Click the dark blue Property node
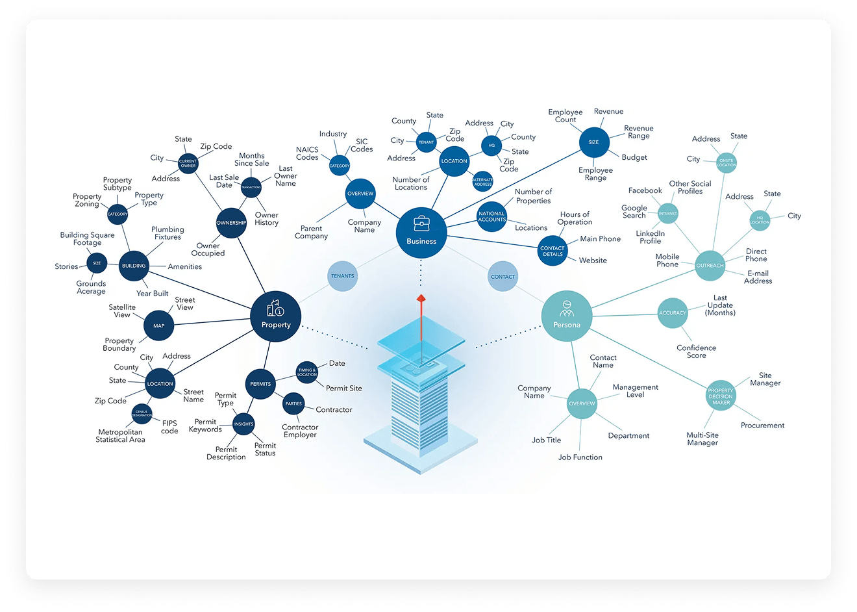276,316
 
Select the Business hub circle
421,232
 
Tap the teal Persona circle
567,316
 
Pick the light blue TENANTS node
343,276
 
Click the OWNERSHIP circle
231,223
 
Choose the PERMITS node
260,384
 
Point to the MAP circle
159,325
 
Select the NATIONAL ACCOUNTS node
491,216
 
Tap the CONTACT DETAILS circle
553,251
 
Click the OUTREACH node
710,266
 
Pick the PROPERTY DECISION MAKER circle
721,396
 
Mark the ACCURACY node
673,313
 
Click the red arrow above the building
421,300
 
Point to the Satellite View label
122,311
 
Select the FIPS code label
169,427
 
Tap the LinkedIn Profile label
650,237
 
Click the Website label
593,261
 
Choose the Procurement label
762,426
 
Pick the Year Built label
152,294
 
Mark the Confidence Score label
696,351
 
